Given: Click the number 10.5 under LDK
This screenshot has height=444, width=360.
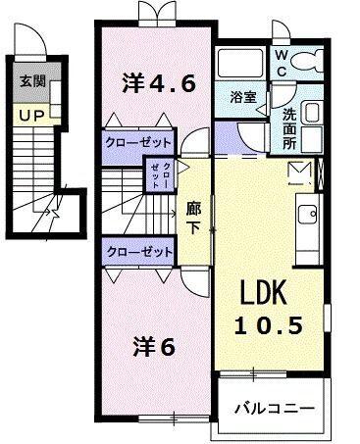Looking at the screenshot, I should point(267,324).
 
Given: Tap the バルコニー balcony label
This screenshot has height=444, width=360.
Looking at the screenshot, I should point(279,408).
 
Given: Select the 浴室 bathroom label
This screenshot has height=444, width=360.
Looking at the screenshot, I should point(243,98).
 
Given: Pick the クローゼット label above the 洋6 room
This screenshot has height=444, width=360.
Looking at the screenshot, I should point(138,251).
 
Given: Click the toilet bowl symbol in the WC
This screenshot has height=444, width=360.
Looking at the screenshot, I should point(312,62).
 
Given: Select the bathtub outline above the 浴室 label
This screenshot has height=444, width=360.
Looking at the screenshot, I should point(242,65).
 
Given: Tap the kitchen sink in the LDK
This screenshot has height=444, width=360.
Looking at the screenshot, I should point(306,213).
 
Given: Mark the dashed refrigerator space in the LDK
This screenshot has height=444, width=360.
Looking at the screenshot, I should point(299,174).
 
